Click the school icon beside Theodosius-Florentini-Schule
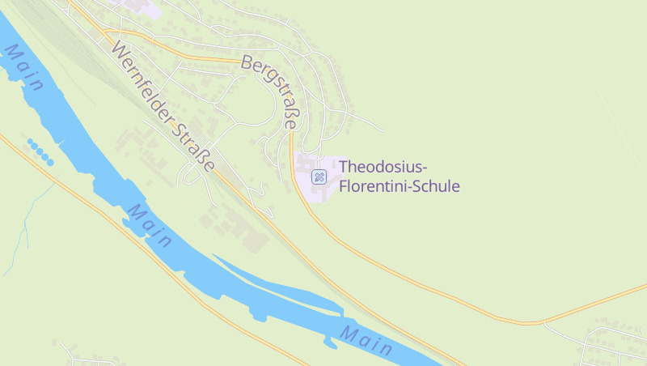[319, 175]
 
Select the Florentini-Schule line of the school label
[400, 186]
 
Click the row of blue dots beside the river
[40, 151]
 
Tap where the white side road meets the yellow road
[543, 322]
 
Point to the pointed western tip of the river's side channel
[214, 256]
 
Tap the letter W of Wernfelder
[120, 50]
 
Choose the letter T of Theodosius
[344, 167]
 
